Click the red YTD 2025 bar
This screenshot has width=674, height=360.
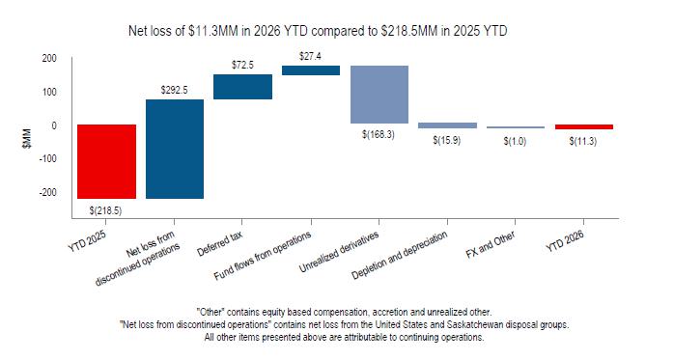pos(106,161)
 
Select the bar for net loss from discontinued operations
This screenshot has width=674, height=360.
pos(175,149)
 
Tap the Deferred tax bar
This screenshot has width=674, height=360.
pos(243,87)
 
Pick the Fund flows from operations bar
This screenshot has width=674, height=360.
pos(311,70)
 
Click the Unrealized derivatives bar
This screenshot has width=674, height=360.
pos(379,95)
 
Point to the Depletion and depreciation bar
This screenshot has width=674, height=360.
pos(447,125)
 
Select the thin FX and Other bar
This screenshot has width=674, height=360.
pos(516,127)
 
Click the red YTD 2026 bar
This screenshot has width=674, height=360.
pos(584,126)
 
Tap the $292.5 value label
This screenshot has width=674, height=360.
pos(174,90)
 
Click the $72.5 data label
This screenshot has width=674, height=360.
pos(242,66)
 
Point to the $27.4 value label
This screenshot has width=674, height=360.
pos(310,56)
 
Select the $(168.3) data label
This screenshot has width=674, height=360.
pos(379,134)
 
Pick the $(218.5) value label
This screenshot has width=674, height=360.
pos(106,210)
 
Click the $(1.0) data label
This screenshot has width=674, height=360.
pos(515,141)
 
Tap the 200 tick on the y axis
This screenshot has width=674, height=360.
pos(49,59)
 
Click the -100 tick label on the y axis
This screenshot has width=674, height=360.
pos(47,158)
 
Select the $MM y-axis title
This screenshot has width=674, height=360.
pos(27,138)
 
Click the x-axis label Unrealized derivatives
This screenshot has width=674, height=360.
pos(339,252)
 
